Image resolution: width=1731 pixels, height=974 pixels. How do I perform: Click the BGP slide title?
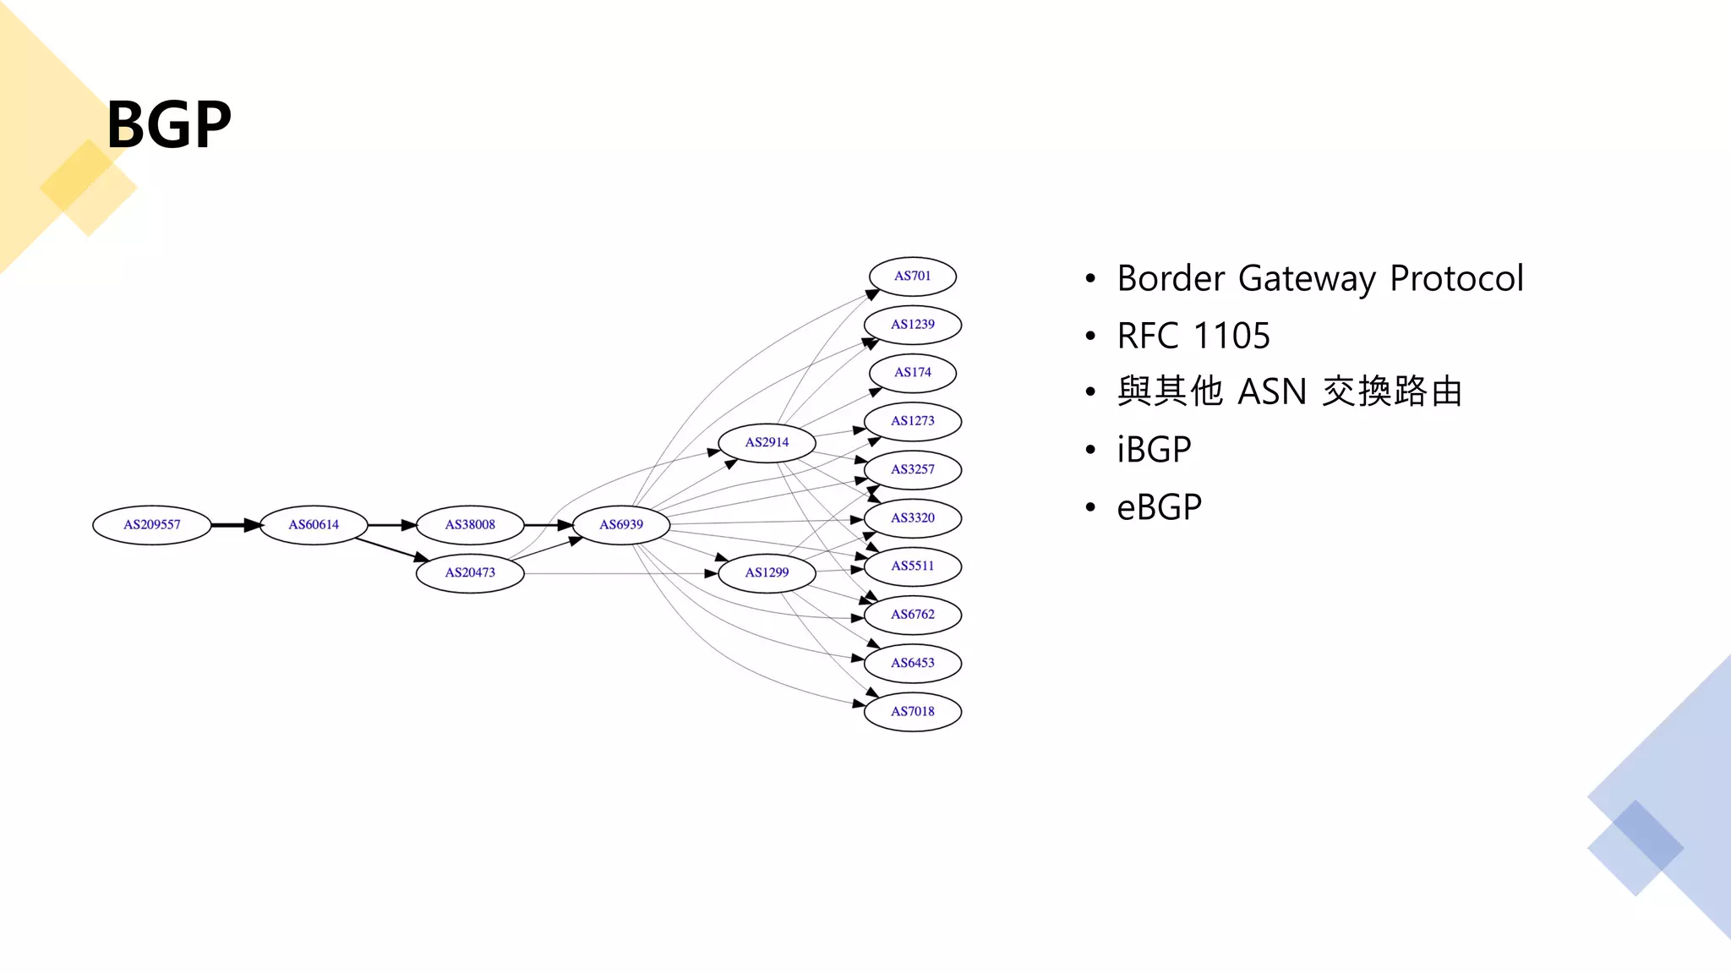[169, 124]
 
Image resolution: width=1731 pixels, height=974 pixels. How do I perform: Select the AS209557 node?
[152, 525]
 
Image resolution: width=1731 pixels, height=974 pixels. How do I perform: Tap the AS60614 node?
[314, 525]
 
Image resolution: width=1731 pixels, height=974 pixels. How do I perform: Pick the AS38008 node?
[470, 525]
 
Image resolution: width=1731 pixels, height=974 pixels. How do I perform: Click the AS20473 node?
[470, 573]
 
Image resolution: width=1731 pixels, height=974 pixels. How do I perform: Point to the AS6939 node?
[621, 525]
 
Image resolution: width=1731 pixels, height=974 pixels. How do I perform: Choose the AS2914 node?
[767, 442]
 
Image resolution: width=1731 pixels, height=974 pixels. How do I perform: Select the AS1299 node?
[767, 573]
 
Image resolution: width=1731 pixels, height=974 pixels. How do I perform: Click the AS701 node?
[913, 276]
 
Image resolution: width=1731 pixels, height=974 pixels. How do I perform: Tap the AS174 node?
[913, 373]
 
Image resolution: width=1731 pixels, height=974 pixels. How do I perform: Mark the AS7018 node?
[913, 712]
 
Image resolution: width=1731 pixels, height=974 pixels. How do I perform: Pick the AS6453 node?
[913, 663]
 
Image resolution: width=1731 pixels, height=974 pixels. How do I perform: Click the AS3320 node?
[913, 518]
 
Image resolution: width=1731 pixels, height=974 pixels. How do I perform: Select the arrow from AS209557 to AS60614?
[236, 525]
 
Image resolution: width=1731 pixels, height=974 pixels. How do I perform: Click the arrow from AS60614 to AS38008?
[392, 525]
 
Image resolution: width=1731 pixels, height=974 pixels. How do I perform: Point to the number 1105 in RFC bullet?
[1231, 337]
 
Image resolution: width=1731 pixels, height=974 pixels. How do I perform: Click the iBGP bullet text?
[1154, 450]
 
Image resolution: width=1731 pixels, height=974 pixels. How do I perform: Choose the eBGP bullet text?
[1159, 507]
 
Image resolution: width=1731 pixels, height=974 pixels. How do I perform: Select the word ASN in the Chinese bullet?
[1272, 392]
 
